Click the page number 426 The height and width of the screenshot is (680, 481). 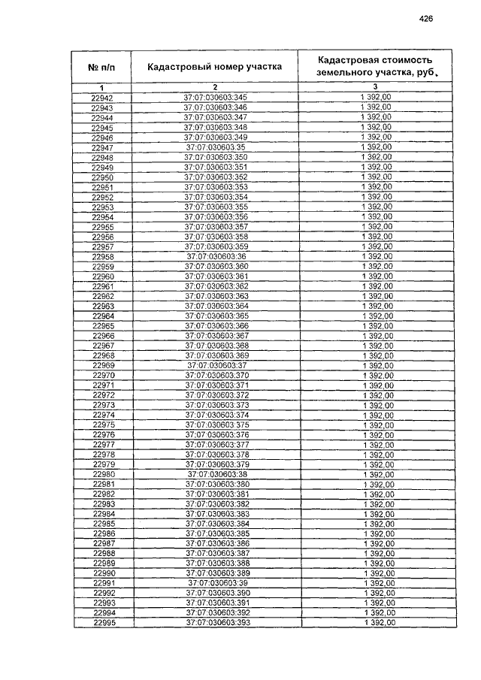pyautogui.click(x=428, y=20)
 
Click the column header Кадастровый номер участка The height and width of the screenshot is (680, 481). pyautogui.click(x=215, y=67)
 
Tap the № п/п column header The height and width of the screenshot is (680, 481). pyautogui.click(x=102, y=67)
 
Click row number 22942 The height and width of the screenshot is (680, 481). pyautogui.click(x=102, y=98)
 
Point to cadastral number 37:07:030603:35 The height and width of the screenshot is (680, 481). pyautogui.click(x=215, y=148)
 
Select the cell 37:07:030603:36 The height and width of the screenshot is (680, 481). pyautogui.click(x=215, y=257)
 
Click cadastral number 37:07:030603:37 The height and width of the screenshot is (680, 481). pyautogui.click(x=216, y=365)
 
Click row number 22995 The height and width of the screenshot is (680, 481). pyautogui.click(x=104, y=623)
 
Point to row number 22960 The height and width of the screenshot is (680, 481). pyautogui.click(x=103, y=277)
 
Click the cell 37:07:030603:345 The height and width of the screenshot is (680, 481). pyautogui.click(x=215, y=98)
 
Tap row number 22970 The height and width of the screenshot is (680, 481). pyautogui.click(x=103, y=375)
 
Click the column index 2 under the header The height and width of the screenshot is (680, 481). pyautogui.click(x=215, y=88)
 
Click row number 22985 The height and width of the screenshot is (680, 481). pyautogui.click(x=104, y=524)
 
